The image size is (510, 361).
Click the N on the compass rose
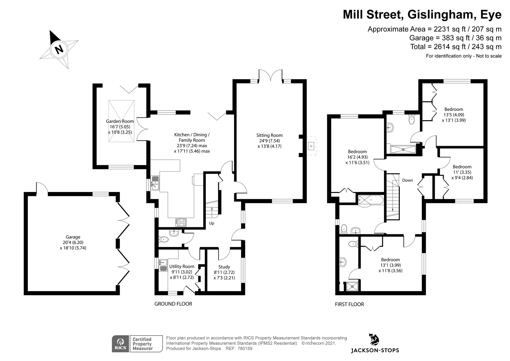click(x=59, y=49)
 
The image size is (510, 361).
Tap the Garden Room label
click(x=120, y=122)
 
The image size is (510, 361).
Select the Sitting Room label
click(x=270, y=135)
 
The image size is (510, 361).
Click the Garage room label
click(x=73, y=237)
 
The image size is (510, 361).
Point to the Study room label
click(x=224, y=267)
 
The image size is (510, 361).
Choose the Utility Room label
click(x=182, y=266)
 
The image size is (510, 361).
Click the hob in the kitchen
click(x=181, y=222)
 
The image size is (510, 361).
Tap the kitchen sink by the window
click(x=155, y=183)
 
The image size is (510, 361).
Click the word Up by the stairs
click(x=212, y=223)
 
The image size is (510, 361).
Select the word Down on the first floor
click(x=407, y=180)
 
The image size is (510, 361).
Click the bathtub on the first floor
click(x=371, y=200)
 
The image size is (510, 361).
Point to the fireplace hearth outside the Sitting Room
click(x=311, y=146)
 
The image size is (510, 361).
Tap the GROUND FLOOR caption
click(x=173, y=304)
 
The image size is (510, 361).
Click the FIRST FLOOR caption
click(x=349, y=304)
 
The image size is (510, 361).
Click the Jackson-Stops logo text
click(x=375, y=351)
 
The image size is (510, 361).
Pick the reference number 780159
click(x=245, y=348)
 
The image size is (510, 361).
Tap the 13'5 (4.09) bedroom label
click(x=454, y=115)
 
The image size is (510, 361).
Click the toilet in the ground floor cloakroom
click(x=163, y=239)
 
